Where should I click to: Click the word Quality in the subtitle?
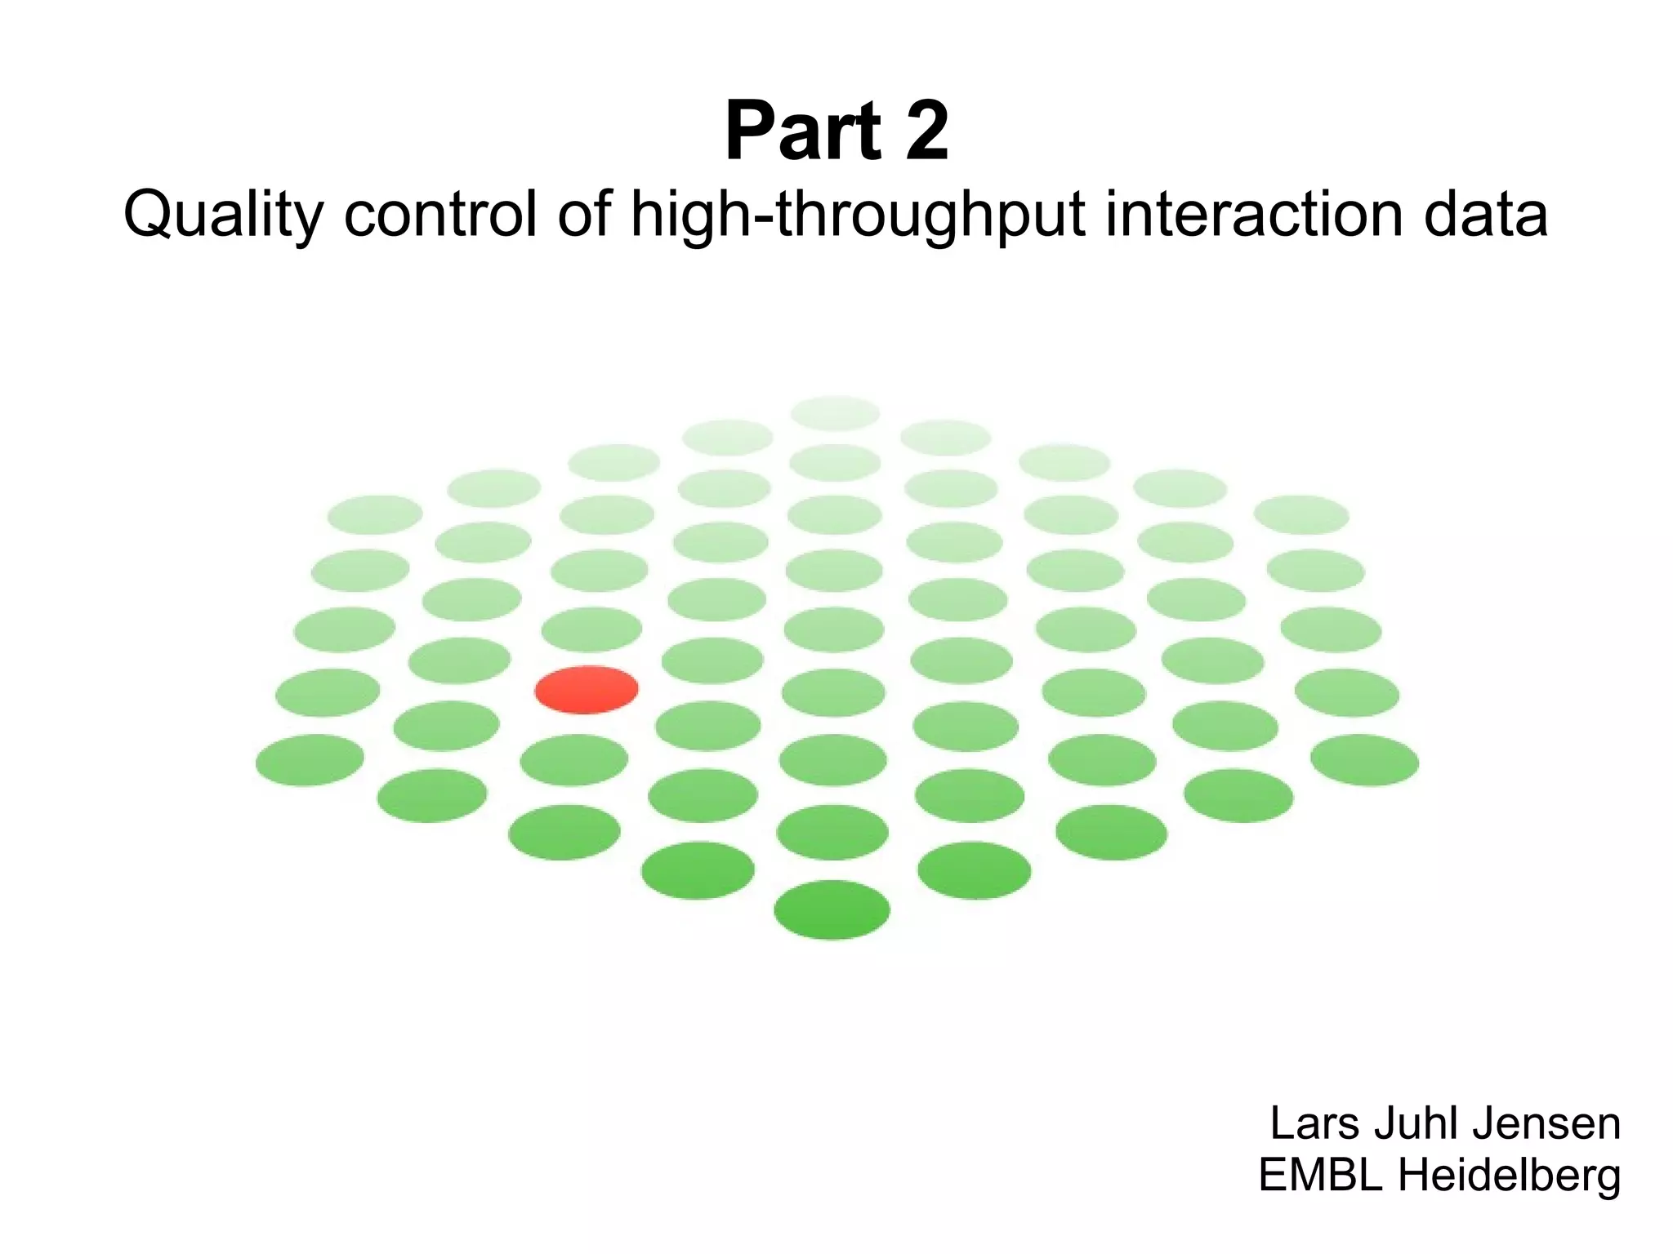click(224, 216)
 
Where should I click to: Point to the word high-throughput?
click(858, 216)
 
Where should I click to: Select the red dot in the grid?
click(587, 690)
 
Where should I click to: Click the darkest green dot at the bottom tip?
click(832, 909)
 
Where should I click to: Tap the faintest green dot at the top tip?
click(835, 413)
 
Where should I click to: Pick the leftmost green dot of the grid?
click(310, 760)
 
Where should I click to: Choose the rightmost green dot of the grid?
click(1364, 760)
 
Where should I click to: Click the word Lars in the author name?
click(1314, 1123)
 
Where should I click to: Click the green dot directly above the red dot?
click(591, 629)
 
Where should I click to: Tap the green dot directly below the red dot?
click(574, 760)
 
